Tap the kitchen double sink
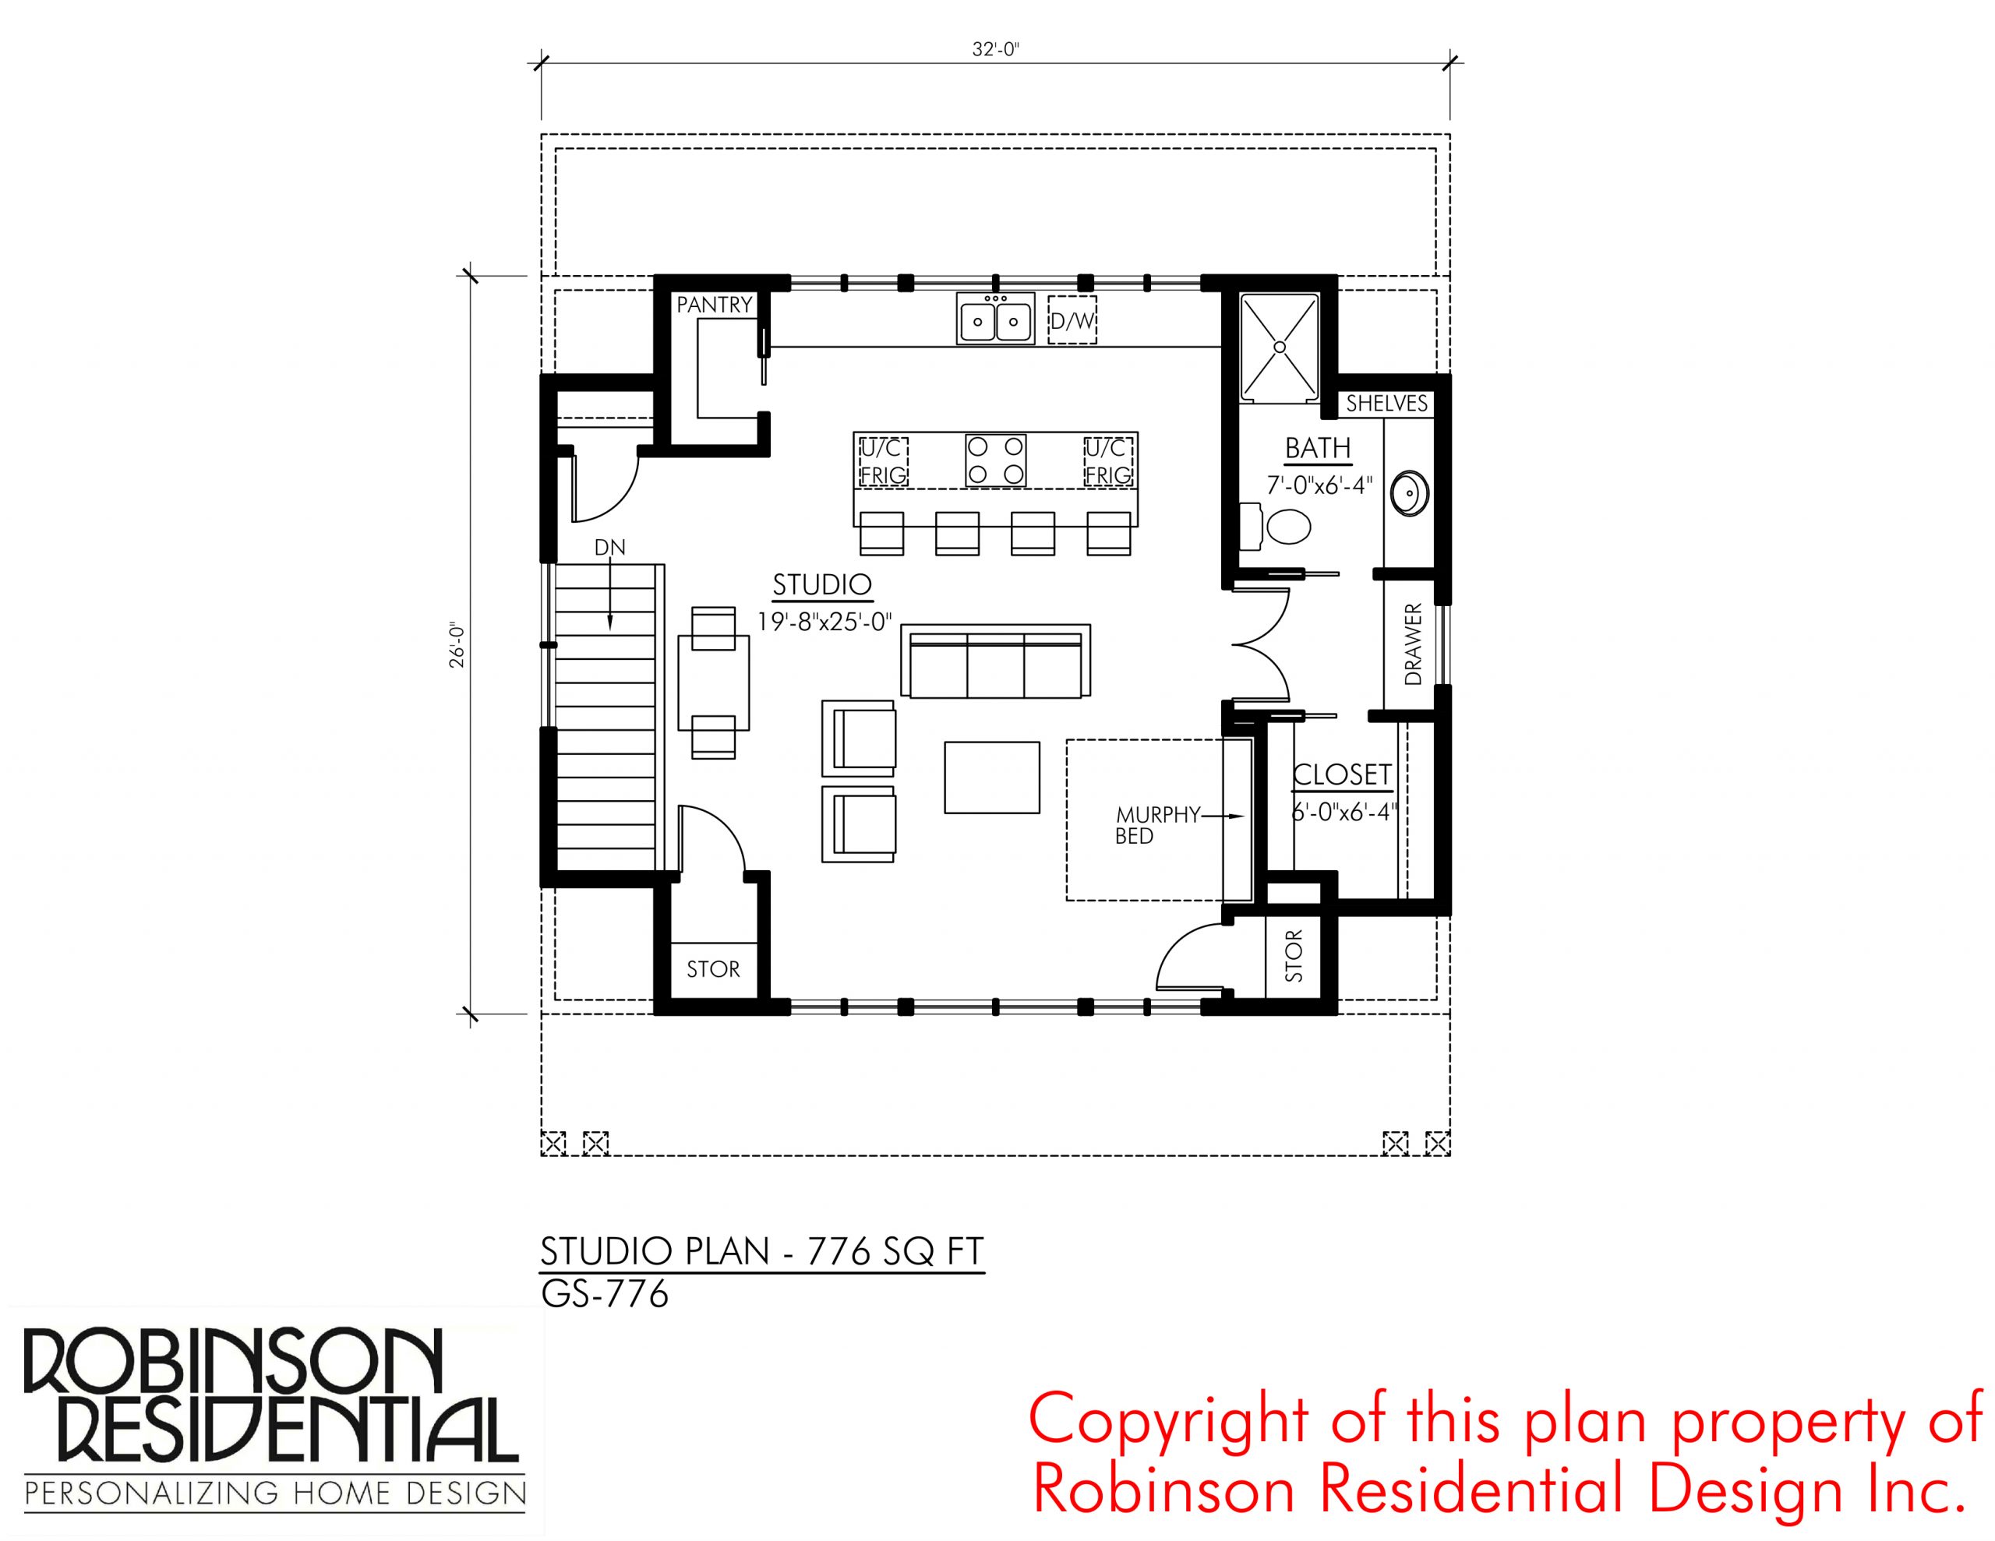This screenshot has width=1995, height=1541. coord(996,319)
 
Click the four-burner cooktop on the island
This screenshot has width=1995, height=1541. coord(996,460)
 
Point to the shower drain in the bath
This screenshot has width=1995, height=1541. coord(1280,347)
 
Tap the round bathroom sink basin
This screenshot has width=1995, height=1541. coord(1410,494)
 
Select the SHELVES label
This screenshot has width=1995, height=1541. coord(1386,403)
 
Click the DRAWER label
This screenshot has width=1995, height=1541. coord(1413,644)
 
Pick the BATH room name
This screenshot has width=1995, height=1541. coord(1317,449)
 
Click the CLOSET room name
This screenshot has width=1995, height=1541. coord(1342,774)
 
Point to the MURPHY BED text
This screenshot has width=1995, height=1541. coord(1156,825)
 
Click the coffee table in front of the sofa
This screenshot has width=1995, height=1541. coord(992,778)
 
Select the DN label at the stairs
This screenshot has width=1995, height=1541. coord(609,548)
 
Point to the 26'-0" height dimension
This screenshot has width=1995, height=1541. coord(457,645)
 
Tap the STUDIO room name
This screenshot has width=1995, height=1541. coord(822,584)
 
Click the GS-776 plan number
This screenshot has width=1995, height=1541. coord(605,1294)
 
